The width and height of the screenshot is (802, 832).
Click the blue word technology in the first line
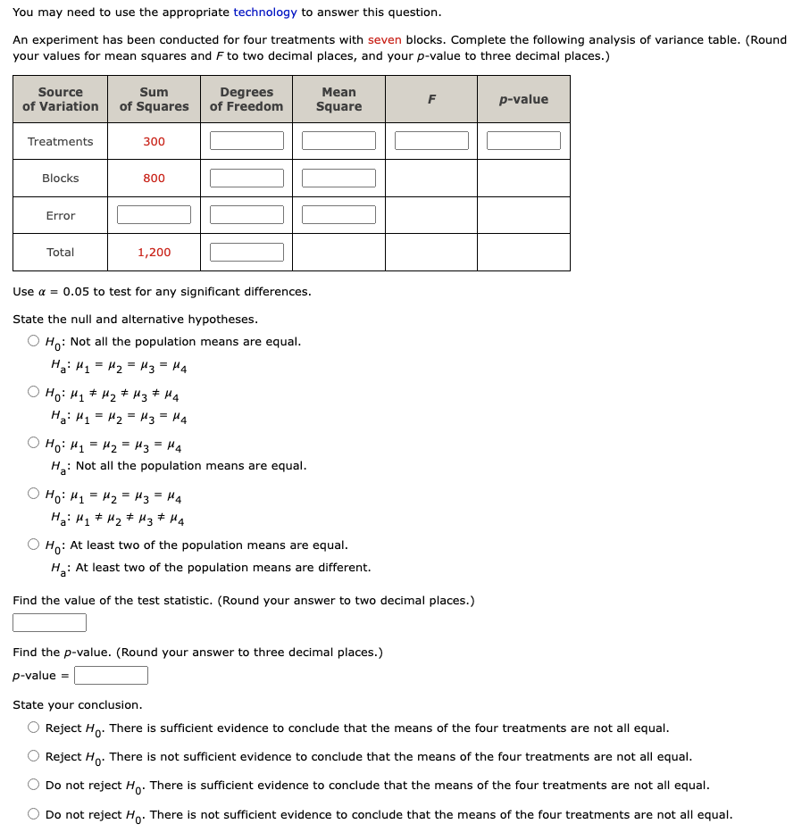[264, 12]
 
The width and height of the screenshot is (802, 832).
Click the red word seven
[384, 40]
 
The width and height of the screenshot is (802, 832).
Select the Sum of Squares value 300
[154, 141]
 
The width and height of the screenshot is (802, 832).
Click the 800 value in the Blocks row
[154, 178]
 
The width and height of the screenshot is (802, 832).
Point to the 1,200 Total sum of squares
[154, 252]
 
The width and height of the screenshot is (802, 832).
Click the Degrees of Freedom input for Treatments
[246, 141]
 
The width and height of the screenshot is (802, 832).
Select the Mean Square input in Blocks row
[338, 178]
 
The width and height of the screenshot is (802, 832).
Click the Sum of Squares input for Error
[154, 215]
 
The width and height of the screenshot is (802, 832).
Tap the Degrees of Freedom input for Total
[246, 252]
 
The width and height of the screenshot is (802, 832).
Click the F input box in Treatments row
[431, 141]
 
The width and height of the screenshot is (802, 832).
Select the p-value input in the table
[523, 141]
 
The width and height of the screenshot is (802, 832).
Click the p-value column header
[523, 99]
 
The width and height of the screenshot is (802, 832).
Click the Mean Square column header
[338, 99]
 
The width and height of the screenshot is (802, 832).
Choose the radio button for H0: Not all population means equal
[33, 341]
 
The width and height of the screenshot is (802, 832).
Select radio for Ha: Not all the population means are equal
[33, 443]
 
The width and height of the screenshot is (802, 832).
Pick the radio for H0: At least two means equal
[33, 545]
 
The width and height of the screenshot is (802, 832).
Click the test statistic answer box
[49, 622]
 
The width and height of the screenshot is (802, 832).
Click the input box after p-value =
[111, 676]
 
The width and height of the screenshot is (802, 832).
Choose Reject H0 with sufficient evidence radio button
[33, 728]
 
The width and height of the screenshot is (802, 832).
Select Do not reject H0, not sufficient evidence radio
[33, 814]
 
